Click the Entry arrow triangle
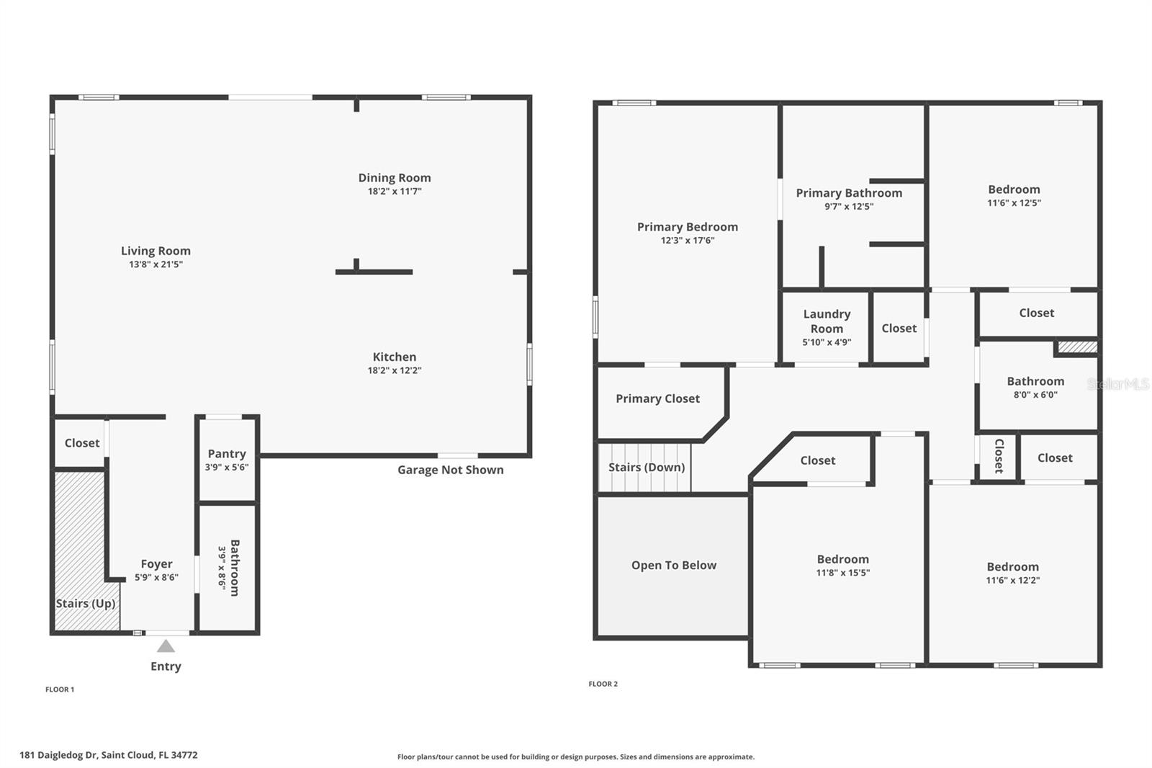(x=166, y=646)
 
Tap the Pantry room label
(x=227, y=454)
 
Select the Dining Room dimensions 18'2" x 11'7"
(x=395, y=192)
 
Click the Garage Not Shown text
(x=451, y=470)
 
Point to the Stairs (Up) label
(x=86, y=604)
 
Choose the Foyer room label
(x=156, y=564)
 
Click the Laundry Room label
(x=827, y=321)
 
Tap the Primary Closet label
(x=657, y=398)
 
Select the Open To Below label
(x=674, y=566)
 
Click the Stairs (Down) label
(x=647, y=467)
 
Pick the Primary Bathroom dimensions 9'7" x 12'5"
(x=849, y=207)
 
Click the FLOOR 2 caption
(x=603, y=684)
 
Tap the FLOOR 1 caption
(x=60, y=689)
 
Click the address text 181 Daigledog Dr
(x=108, y=755)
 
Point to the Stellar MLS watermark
(x=1118, y=384)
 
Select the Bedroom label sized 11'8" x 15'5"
(x=842, y=559)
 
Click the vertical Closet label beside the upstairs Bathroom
(x=999, y=456)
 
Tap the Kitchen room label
(x=395, y=357)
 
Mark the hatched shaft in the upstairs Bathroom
(x=1076, y=347)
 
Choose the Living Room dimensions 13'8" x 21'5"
(x=156, y=265)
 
